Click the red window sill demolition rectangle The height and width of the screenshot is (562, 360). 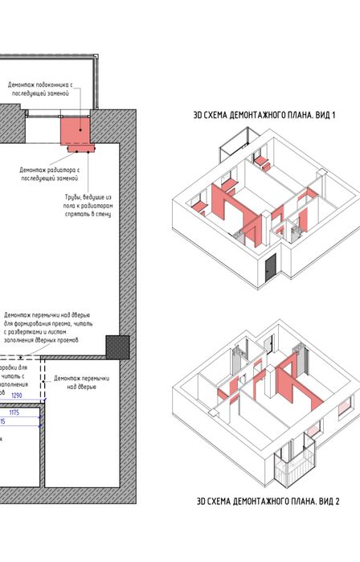tap(76, 127)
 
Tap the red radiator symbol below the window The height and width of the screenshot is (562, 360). tap(78, 148)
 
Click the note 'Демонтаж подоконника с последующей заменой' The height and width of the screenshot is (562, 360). tap(41, 88)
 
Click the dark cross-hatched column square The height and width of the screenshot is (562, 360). tap(118, 345)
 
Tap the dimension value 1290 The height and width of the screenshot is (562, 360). tap(39, 396)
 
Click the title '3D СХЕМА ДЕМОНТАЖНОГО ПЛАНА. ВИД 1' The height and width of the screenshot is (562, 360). tap(264, 116)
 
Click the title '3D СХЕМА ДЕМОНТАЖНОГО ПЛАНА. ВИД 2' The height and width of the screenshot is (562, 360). tap(268, 500)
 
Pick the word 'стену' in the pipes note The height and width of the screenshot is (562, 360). tap(101, 215)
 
